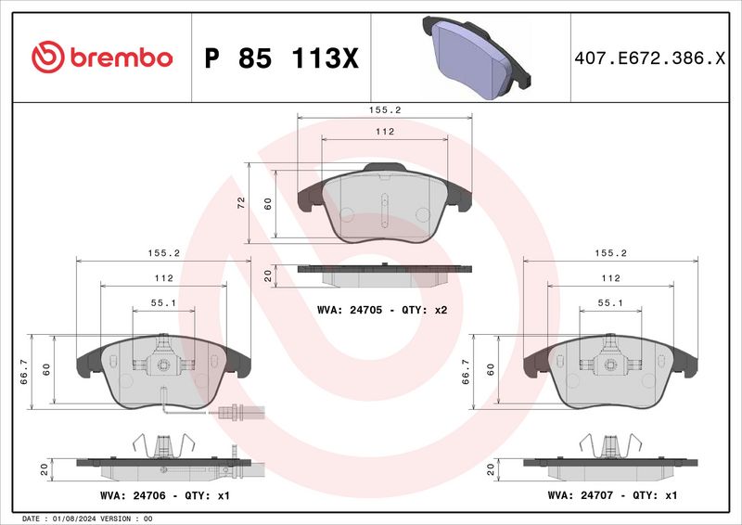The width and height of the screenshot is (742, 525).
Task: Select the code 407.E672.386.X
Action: click(x=647, y=58)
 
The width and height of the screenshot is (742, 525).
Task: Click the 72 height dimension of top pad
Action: click(x=240, y=201)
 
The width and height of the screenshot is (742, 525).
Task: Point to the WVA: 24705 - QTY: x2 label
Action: click(x=382, y=309)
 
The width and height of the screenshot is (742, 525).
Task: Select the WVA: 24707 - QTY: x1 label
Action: click(x=613, y=496)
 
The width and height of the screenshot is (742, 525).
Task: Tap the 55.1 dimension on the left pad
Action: click(x=163, y=302)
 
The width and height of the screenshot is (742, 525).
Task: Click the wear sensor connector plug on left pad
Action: click(x=230, y=415)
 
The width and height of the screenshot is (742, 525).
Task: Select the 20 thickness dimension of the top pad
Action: click(x=268, y=275)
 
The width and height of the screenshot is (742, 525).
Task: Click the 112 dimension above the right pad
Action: click(x=611, y=278)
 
